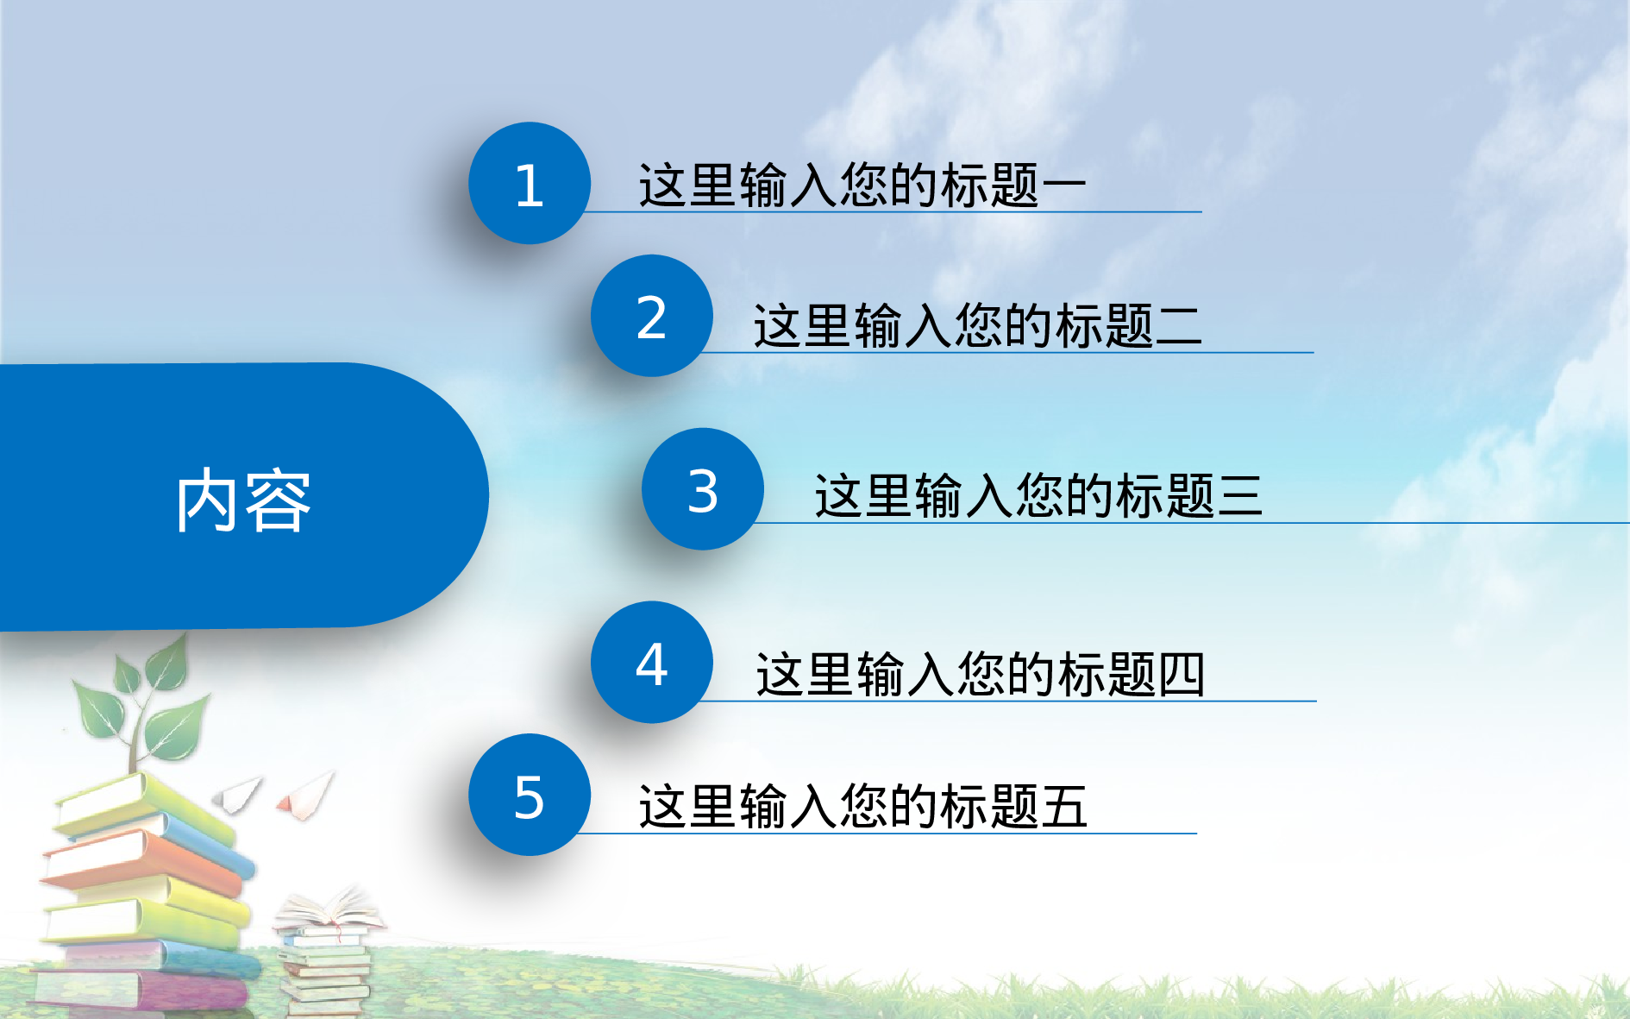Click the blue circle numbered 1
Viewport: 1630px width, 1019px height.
530,183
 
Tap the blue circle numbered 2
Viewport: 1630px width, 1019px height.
652,316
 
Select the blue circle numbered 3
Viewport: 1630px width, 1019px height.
703,489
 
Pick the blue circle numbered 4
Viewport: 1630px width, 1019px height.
652,663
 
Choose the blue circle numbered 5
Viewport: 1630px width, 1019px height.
530,795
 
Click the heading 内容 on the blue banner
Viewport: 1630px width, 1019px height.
243,500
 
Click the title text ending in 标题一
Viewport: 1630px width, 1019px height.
862,185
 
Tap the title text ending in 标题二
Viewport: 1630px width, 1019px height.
977,325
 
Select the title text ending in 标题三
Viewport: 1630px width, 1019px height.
1038,495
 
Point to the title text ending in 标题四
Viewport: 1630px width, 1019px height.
980,674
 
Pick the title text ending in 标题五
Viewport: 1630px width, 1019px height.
862,806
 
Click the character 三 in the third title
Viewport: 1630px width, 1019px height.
1239,496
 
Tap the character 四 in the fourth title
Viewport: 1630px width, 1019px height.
1181,674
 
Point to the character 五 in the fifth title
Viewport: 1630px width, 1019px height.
1063,806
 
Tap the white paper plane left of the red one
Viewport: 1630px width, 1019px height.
239,793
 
